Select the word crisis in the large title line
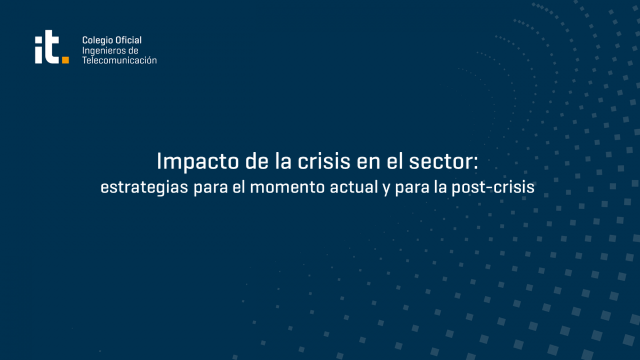(x=324, y=161)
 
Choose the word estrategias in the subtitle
(x=145, y=187)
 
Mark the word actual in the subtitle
(x=354, y=187)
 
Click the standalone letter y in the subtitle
(x=386, y=190)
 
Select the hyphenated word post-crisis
(x=493, y=188)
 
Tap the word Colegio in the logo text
(x=98, y=41)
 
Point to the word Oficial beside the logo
(x=129, y=40)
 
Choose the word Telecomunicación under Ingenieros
(x=119, y=60)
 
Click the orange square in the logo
(x=66, y=60)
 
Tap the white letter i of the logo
(x=38, y=50)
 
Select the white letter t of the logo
(x=52, y=47)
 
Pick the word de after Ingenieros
(x=133, y=51)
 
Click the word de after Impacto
(x=257, y=161)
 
